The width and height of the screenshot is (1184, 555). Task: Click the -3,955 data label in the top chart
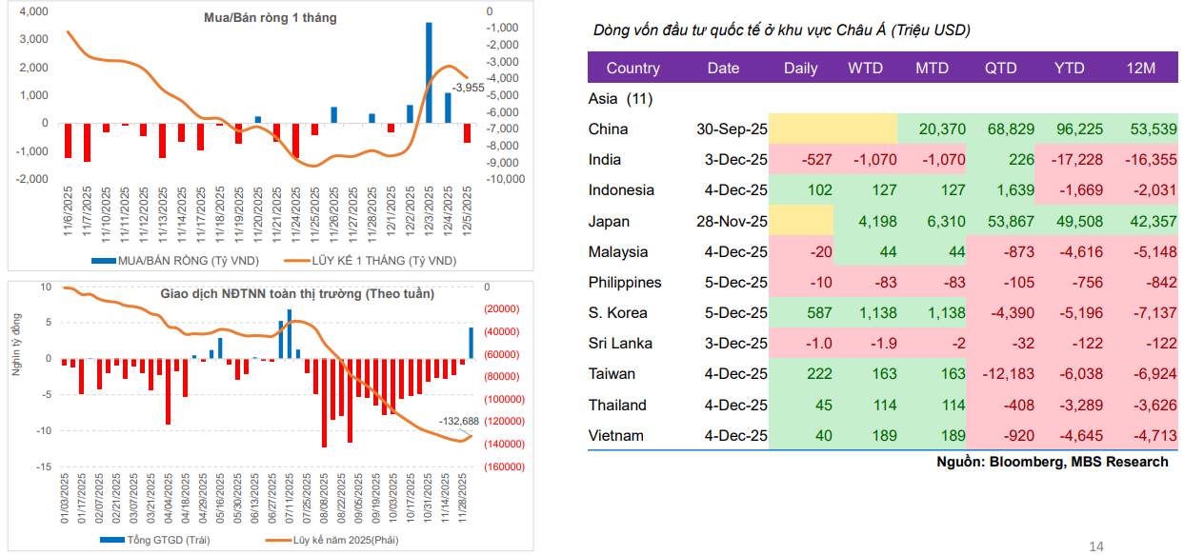tap(467, 87)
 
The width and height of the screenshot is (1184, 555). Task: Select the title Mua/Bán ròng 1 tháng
tap(271, 17)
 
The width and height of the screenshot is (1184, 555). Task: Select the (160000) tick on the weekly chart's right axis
tap(504, 467)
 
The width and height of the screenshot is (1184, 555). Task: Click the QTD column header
tap(1000, 68)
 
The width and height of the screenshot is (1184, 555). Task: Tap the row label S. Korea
tap(617, 313)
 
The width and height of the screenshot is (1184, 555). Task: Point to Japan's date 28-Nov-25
tap(732, 222)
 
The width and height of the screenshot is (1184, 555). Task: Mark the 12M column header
tap(1139, 68)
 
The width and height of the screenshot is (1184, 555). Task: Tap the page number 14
tap(1096, 545)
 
